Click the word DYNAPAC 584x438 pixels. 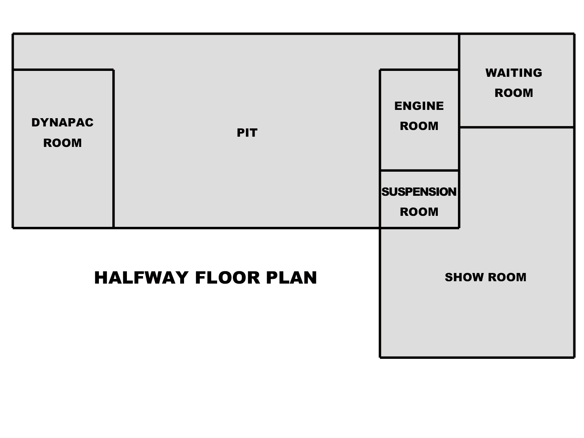point(62,122)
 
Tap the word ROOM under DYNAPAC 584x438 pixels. point(62,143)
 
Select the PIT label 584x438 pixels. point(247,133)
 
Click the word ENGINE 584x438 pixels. point(419,106)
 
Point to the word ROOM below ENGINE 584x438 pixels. point(419,126)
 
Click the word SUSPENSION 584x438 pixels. point(419,192)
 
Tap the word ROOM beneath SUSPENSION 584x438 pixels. point(419,212)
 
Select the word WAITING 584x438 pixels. point(513,73)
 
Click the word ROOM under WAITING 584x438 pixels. point(513,93)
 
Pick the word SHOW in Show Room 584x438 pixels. point(464,277)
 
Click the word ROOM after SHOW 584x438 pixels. point(507,277)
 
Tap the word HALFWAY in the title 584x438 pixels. point(141,278)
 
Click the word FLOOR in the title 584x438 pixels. point(227,278)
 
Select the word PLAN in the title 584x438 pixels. point(291,278)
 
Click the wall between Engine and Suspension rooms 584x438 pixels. point(419,170)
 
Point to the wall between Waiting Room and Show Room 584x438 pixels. point(517,127)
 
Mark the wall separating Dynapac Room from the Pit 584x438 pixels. point(113,149)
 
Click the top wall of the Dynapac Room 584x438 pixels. point(63,70)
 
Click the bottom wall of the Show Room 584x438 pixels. point(477,358)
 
